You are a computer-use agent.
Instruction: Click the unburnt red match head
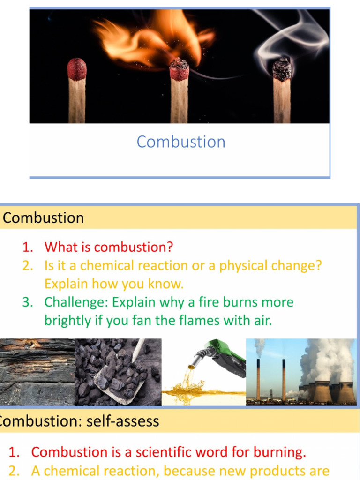tap(77, 69)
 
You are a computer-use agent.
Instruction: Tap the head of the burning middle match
tap(179, 70)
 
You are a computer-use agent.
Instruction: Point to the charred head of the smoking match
tap(282, 69)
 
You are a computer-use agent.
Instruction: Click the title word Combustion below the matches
tap(181, 142)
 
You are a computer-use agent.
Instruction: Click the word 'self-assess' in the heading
tap(124, 421)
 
